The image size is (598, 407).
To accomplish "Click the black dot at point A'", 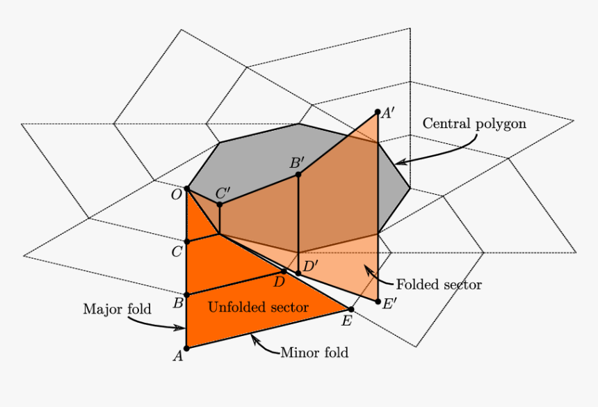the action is point(378,111).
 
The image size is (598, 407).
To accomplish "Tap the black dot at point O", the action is point(186,189).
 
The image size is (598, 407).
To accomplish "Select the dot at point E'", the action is point(378,302).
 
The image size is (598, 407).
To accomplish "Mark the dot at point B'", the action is point(298,174).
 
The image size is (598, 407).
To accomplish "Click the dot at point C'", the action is point(220,205).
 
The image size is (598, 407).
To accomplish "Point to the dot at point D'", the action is point(298,273).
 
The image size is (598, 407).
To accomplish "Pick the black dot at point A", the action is point(186,348).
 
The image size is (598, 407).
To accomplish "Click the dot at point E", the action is point(350,309).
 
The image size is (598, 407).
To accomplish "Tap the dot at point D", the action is point(283,271).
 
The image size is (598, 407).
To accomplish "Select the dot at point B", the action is point(186,295).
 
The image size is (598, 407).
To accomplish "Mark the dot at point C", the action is point(186,241).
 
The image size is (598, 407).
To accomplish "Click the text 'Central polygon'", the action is point(474,124).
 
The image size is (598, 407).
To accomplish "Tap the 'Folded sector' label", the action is point(439,285).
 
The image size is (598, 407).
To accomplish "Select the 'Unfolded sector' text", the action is point(258,307).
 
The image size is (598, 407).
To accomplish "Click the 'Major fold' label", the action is point(117,309).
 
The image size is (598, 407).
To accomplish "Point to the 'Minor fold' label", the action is point(314,353).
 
